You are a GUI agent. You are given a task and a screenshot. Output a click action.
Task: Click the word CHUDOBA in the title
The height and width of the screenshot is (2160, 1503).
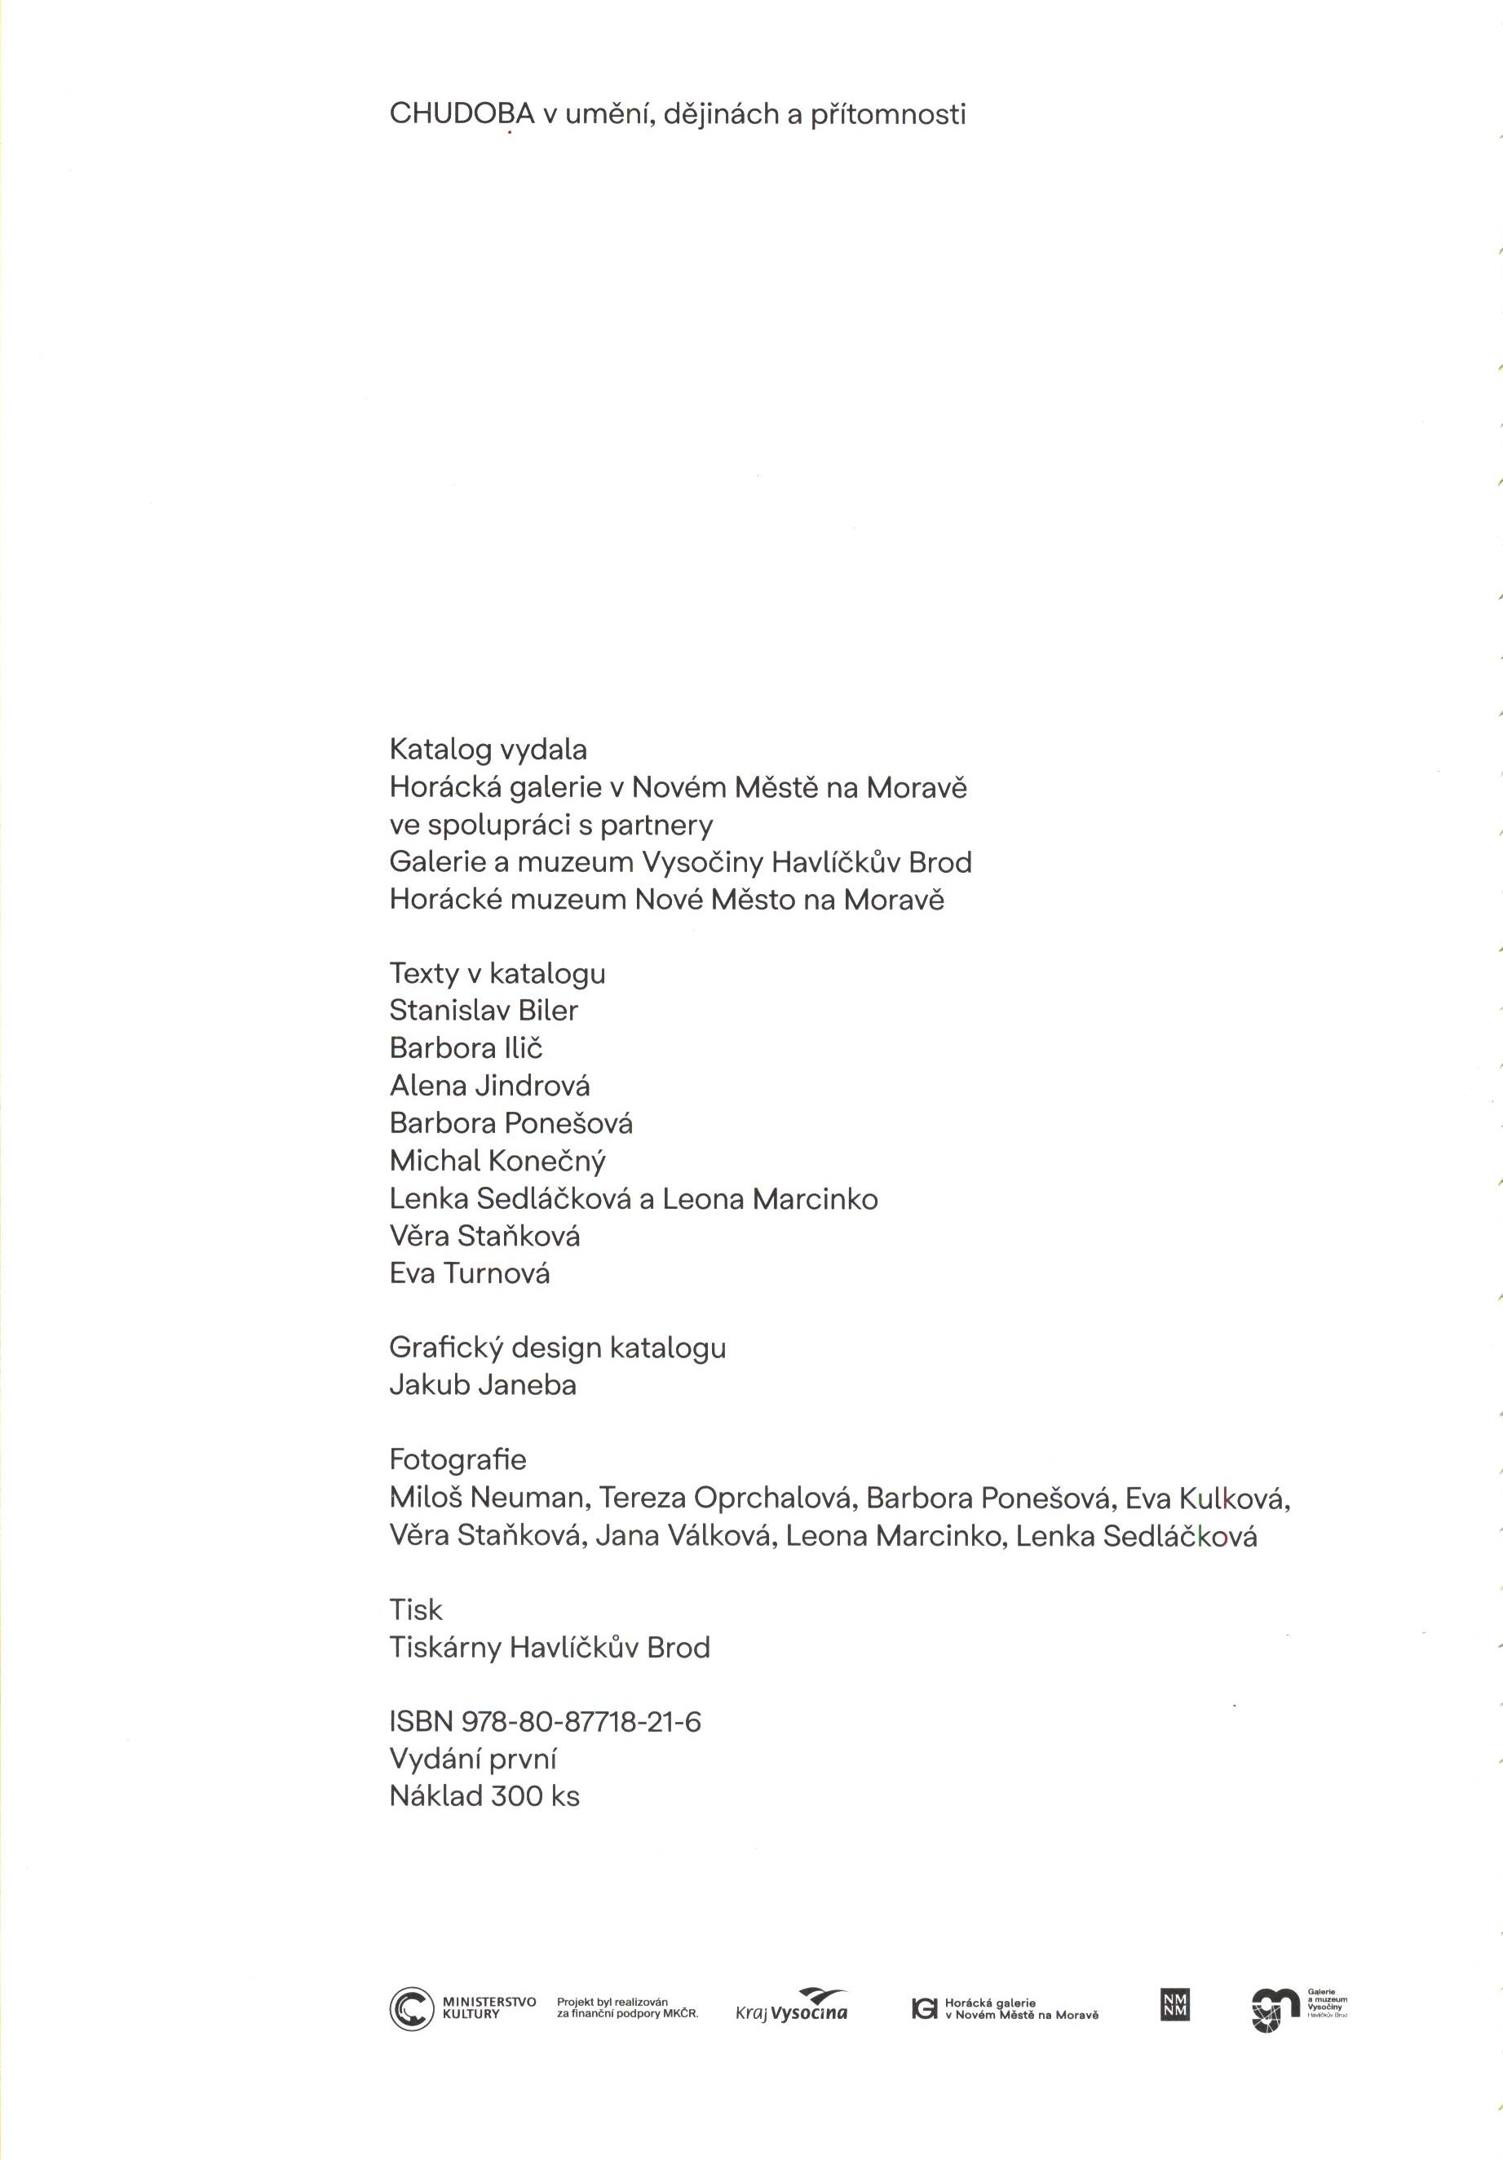coord(462,115)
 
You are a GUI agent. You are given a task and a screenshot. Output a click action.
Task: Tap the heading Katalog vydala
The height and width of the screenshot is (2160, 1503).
coord(488,750)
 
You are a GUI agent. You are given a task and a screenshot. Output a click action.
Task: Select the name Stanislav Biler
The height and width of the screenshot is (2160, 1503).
coord(484,1011)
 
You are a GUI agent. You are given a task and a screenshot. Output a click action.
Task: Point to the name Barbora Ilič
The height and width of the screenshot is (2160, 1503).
coord(466,1048)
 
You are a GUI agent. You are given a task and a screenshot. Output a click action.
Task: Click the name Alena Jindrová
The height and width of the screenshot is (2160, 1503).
coord(489,1086)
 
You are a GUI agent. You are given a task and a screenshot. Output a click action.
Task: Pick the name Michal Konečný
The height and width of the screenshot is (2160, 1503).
coord(497,1161)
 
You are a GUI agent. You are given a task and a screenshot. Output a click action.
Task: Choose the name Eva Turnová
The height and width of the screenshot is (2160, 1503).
coord(470,1274)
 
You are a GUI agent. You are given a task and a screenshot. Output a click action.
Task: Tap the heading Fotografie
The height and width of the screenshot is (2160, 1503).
coord(458,1460)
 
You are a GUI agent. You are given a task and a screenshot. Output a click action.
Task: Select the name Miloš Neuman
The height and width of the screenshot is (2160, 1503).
coord(486,1498)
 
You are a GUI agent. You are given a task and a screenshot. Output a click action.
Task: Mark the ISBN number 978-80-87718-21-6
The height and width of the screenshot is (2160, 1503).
coord(581,1722)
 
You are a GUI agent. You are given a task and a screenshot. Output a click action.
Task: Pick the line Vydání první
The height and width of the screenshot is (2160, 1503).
coord(473,1759)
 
